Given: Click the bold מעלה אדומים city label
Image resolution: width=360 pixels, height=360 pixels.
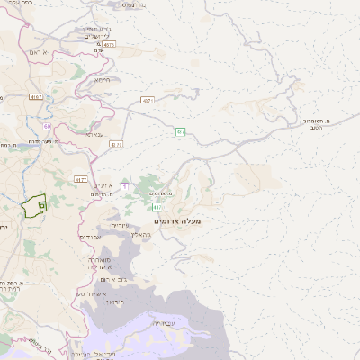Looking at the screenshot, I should point(178,220).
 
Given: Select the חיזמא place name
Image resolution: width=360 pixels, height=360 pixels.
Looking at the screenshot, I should point(103,79).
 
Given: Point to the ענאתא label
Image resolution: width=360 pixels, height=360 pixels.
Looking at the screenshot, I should point(94,133).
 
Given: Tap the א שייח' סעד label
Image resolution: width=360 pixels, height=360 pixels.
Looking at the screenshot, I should point(93,293).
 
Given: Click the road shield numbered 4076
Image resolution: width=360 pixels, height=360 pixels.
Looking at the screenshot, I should point(109,43).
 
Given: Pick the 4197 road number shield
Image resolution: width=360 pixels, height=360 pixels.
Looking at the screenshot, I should point(36,96).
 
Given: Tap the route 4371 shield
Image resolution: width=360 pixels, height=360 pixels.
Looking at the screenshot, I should point(147,101).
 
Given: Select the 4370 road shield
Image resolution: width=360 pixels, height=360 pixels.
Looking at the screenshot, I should point(116,144).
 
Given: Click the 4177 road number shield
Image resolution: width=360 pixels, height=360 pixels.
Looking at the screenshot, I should point(81,179).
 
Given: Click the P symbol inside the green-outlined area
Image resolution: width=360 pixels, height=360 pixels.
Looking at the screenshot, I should point(42,206).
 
